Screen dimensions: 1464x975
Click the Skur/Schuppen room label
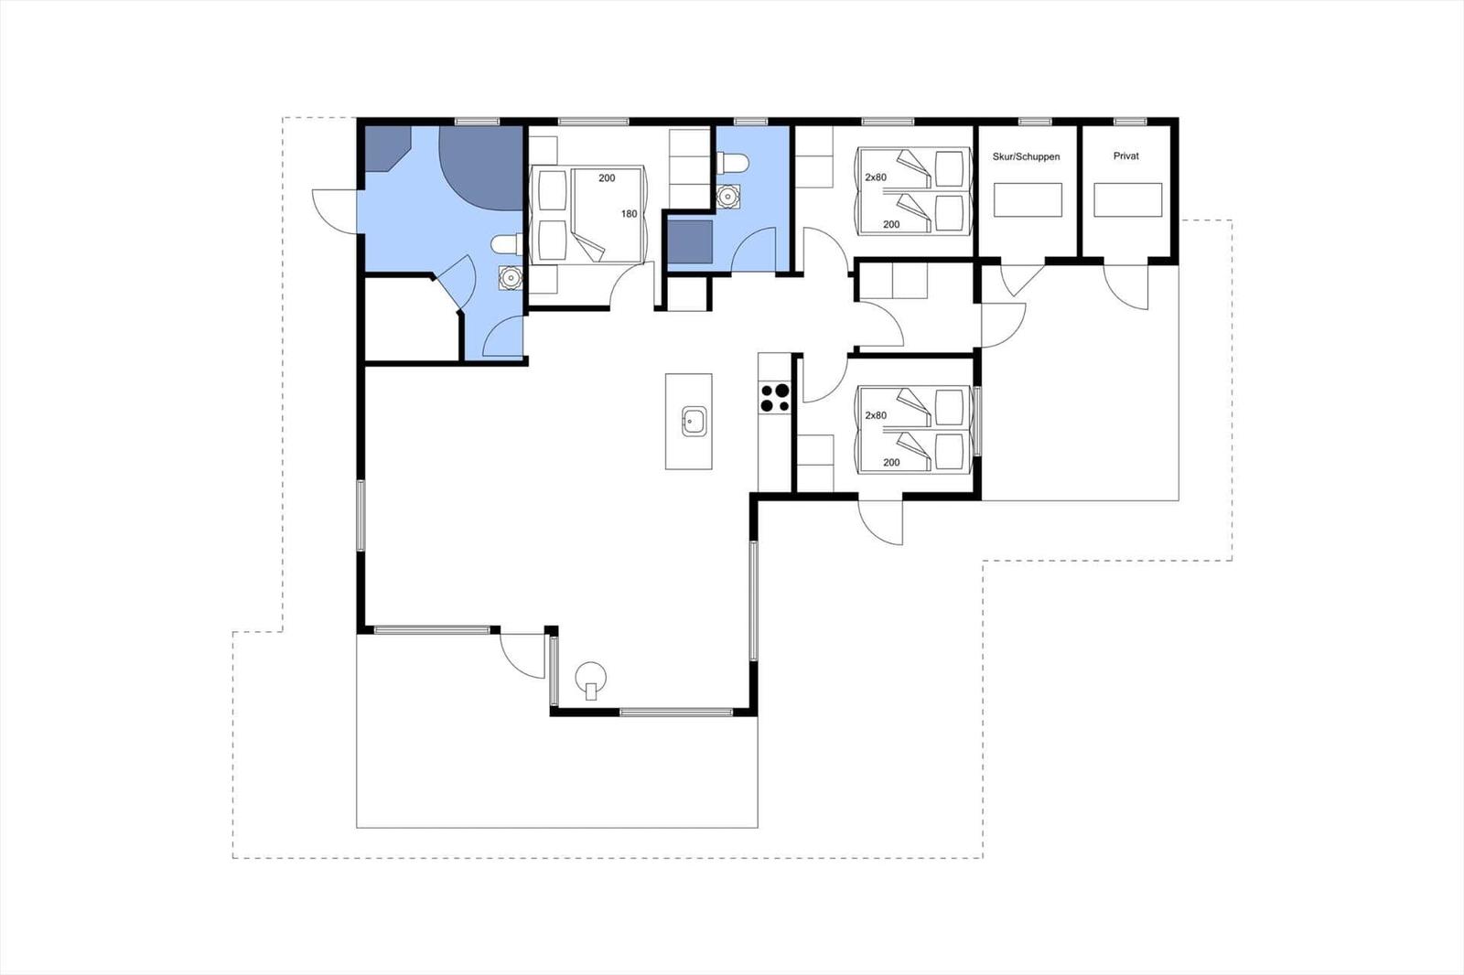(x=1026, y=156)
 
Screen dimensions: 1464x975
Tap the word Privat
(x=1126, y=156)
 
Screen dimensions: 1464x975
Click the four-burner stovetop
(x=774, y=398)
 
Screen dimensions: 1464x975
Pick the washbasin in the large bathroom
(x=510, y=278)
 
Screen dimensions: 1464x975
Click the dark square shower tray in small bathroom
(x=690, y=241)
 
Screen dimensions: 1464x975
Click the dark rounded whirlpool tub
(x=481, y=168)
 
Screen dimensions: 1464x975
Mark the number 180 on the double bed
(x=629, y=214)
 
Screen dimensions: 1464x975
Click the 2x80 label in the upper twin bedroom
(x=876, y=177)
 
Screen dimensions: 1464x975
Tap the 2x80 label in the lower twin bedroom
(x=876, y=415)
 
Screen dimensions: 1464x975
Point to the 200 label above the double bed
(x=607, y=177)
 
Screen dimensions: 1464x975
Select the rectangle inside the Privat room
(x=1128, y=200)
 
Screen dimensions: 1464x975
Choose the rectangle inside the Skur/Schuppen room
(x=1028, y=200)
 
